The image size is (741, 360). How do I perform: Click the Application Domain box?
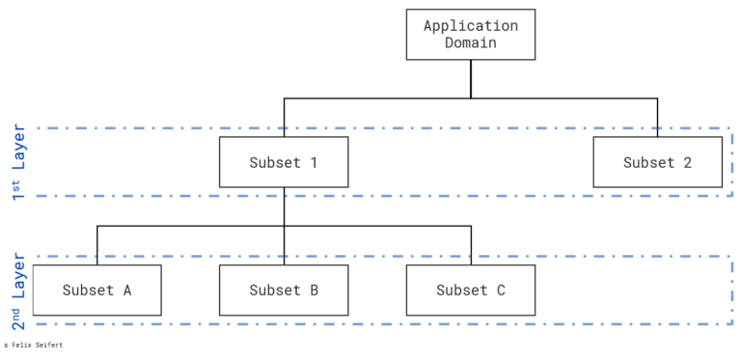coord(470,34)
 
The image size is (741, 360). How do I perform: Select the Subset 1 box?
coord(284,162)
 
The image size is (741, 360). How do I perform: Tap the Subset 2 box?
coord(657,162)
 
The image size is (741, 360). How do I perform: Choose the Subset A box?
coord(96,290)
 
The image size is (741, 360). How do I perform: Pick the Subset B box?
coord(284,290)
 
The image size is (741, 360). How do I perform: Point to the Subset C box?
coord(470,290)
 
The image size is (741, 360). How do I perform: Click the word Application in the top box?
coord(470,26)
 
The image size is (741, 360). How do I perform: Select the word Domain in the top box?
coord(470,43)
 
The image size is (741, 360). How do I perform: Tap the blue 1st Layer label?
coord(19,161)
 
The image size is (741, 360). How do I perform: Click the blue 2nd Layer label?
coord(19,290)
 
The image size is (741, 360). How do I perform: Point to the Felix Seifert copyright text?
coord(34,345)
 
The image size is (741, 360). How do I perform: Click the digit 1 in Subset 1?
coord(313,162)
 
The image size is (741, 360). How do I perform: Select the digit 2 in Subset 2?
coord(687,162)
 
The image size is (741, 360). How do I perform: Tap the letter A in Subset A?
coord(126,290)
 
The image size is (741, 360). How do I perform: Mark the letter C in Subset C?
coord(500,290)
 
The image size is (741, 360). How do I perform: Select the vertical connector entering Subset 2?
coord(657,117)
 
